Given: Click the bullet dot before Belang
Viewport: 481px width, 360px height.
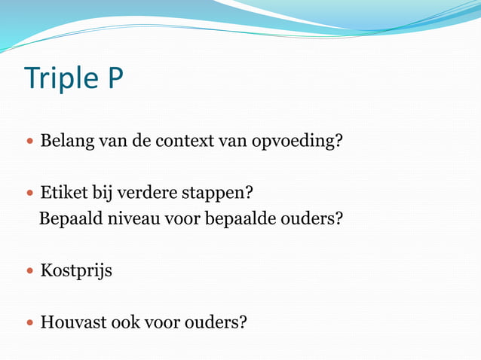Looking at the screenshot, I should pos(29,142).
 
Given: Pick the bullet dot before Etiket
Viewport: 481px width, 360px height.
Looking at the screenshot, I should pos(29,194).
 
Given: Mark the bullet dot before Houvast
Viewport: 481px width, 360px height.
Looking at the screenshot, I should pos(29,323).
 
